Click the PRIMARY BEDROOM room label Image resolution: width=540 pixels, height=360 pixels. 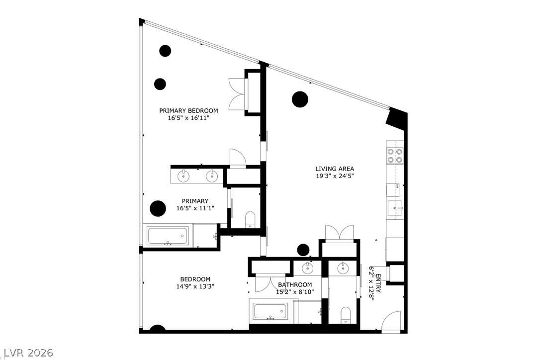click(x=188, y=110)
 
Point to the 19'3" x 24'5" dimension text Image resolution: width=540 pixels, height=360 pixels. click(x=335, y=176)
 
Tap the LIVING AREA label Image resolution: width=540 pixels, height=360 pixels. click(x=335, y=169)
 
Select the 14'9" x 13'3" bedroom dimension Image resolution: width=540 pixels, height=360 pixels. click(x=195, y=286)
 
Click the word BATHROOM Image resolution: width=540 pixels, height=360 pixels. click(x=295, y=285)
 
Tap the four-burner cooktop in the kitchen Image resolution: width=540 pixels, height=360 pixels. click(x=395, y=156)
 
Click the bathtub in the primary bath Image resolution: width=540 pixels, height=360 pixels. click(x=169, y=235)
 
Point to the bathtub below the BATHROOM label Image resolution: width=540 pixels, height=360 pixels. click(x=270, y=312)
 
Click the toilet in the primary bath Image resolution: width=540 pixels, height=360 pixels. click(x=250, y=219)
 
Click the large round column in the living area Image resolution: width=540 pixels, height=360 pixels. click(x=300, y=99)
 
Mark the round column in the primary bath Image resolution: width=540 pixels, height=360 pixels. click(x=158, y=208)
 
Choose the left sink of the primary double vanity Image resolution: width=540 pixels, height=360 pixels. click(x=183, y=175)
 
